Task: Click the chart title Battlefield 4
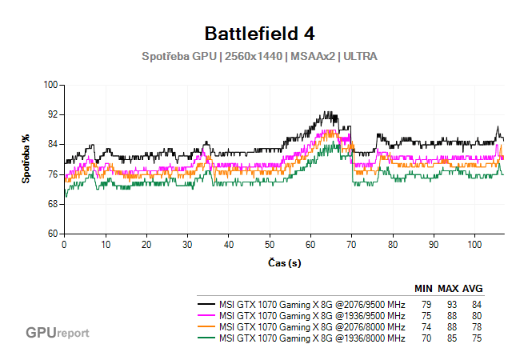click(x=259, y=34)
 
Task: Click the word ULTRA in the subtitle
click(x=360, y=57)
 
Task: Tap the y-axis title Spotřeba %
click(x=26, y=159)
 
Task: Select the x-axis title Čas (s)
click(x=284, y=262)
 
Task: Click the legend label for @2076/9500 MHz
click(x=312, y=305)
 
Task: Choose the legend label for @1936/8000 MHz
click(x=312, y=338)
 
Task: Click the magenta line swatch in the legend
click(x=206, y=316)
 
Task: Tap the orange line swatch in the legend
click(x=206, y=327)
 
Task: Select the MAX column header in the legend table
click(x=447, y=289)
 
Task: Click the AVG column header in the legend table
click(x=473, y=289)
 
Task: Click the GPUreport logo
click(x=57, y=332)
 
